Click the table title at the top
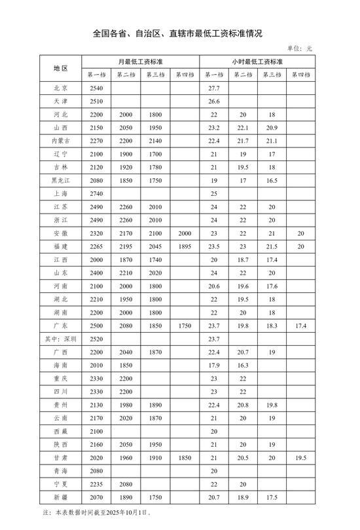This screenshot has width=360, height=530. pyautogui.click(x=181, y=33)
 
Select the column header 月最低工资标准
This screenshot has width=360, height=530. pyautogui.click(x=140, y=62)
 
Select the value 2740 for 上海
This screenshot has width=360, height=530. pyautogui.click(x=96, y=193)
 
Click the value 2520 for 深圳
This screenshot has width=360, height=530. pyautogui.click(x=96, y=339)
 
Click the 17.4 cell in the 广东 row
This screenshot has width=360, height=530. pyautogui.click(x=301, y=326)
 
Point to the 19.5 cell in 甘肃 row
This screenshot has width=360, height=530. pyautogui.click(x=301, y=459)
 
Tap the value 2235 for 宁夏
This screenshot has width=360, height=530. pyautogui.click(x=96, y=485)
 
